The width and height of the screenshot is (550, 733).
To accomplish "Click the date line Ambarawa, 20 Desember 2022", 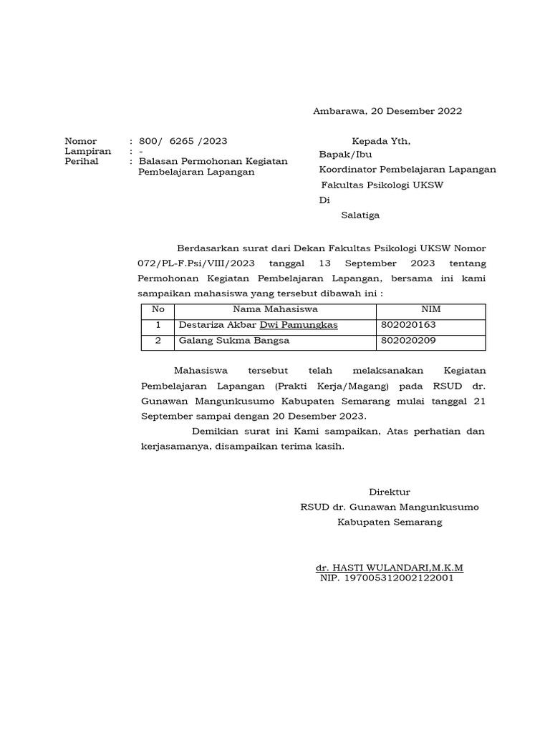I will click(x=387, y=111).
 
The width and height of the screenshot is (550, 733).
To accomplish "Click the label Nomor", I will click(x=80, y=141).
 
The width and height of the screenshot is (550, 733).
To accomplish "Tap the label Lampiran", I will click(x=88, y=151).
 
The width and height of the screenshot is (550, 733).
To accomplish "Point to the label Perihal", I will click(x=82, y=161).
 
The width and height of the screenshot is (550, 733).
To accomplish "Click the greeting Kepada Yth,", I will click(x=381, y=141).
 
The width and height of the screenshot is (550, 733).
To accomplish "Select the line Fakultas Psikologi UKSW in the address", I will click(x=382, y=185).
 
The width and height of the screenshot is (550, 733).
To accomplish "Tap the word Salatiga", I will click(x=360, y=215).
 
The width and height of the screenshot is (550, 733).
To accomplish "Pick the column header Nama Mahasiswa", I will click(x=275, y=309).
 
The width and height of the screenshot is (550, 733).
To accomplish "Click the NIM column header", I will click(x=431, y=309).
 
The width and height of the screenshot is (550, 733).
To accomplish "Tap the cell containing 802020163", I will click(x=409, y=325).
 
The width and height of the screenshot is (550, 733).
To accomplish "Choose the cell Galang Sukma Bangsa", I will click(x=234, y=341).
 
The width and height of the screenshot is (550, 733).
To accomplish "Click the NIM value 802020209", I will click(x=409, y=341).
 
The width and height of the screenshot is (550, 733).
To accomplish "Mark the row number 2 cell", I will click(x=158, y=341).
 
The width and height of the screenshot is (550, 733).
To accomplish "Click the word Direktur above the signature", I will click(x=390, y=492).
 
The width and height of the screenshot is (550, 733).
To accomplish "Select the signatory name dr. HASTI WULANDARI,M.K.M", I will click(x=390, y=568).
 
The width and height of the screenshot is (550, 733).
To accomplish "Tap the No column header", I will click(x=158, y=309).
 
